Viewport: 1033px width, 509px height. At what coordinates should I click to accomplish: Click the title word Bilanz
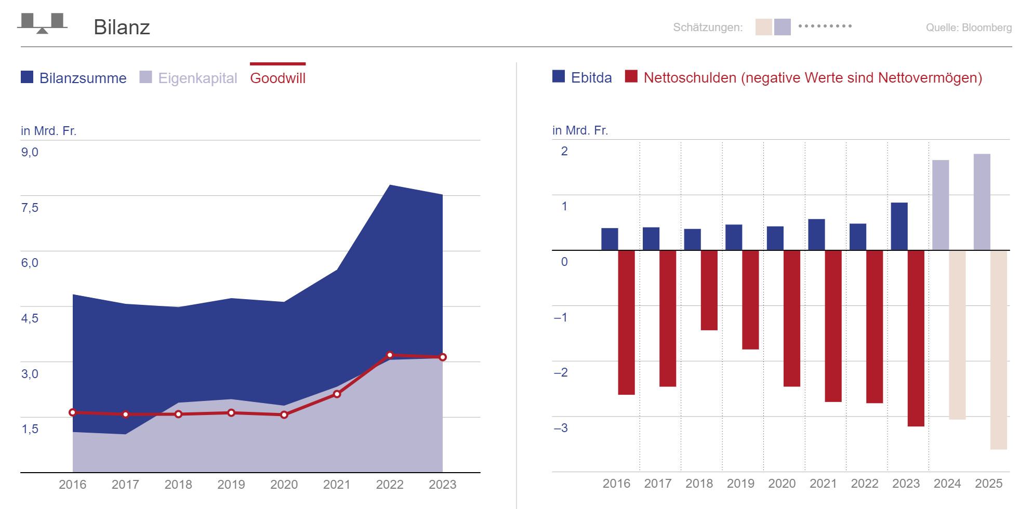(122, 27)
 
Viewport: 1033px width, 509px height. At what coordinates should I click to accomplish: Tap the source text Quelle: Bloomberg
(969, 28)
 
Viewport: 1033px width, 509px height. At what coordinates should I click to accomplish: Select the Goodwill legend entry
(277, 78)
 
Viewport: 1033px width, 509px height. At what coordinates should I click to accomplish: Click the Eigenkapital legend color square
(146, 77)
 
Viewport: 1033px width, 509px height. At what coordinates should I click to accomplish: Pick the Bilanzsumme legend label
(83, 78)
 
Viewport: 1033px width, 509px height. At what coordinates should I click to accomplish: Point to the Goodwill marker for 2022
(390, 355)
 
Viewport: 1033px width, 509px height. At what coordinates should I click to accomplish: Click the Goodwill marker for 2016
(73, 412)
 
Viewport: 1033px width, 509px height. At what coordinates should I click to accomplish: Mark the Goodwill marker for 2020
(284, 414)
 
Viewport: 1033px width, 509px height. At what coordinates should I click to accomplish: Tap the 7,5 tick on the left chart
(30, 208)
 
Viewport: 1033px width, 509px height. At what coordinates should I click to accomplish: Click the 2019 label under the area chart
(231, 485)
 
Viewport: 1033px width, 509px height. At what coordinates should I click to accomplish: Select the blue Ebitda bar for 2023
(899, 226)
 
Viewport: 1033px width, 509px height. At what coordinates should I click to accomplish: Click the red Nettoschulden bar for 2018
(709, 290)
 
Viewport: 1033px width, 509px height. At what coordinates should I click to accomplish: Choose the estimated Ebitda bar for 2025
(982, 202)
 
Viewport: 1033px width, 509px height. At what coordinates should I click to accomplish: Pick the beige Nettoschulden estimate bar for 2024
(957, 334)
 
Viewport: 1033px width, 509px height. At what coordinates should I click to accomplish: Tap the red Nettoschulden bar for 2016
(626, 322)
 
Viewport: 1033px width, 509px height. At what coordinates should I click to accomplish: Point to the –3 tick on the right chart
(561, 428)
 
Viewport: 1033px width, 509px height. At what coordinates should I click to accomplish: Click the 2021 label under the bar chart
(823, 484)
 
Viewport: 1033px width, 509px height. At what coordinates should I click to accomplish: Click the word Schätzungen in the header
(708, 28)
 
